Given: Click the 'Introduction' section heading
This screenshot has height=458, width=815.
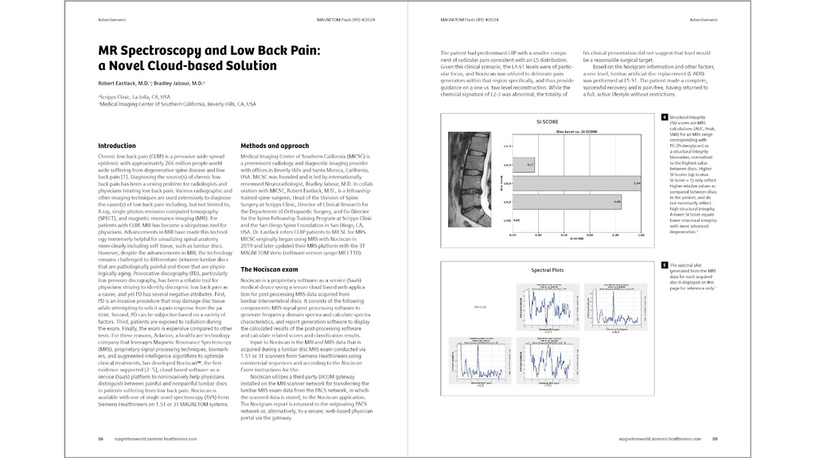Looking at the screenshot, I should [116, 146].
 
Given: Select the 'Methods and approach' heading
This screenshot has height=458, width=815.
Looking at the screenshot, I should [275, 146].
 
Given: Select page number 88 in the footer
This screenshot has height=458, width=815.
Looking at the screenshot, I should [101, 438].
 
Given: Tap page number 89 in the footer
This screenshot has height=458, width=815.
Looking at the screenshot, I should [715, 438].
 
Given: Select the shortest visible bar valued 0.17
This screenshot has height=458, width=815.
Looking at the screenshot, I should [524, 165].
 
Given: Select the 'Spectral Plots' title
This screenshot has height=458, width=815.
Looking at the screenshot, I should [548, 270].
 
